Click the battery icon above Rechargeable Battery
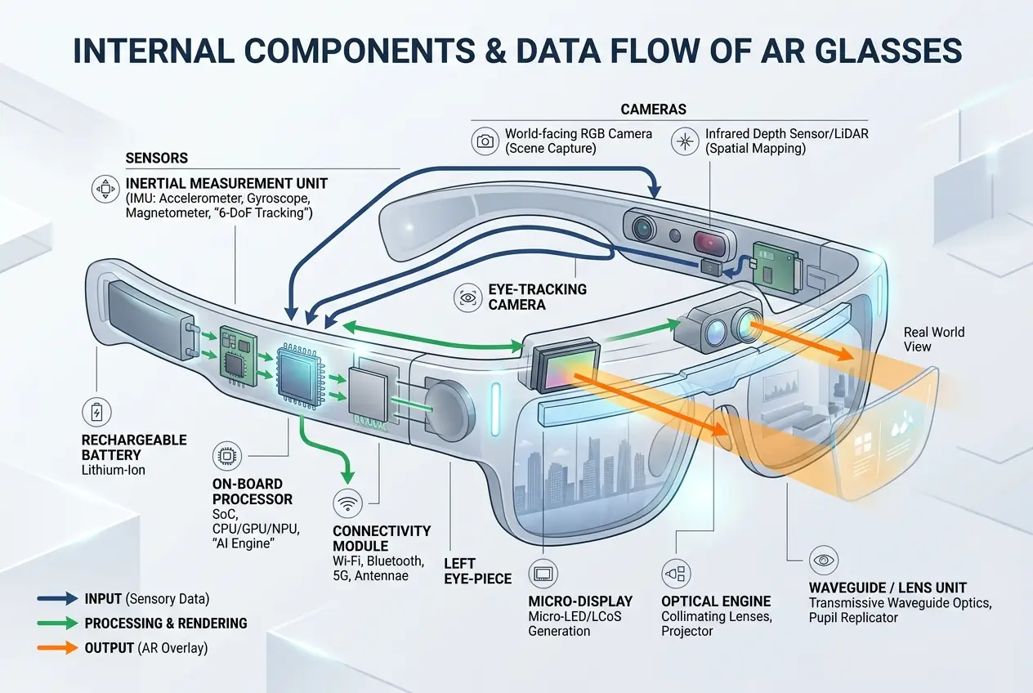pos(98,410)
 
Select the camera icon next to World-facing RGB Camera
pos(485,141)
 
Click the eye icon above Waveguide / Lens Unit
pos(822,560)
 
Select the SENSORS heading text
pos(157,158)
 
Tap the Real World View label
pos(933,339)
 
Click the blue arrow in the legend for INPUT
pos(56,598)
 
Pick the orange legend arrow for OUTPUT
pos(56,648)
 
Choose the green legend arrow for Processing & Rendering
pos(56,624)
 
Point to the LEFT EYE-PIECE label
pos(477,570)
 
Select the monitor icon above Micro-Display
pos(543,573)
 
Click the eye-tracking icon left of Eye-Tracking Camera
pos(469,299)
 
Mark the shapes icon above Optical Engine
pos(677,573)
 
